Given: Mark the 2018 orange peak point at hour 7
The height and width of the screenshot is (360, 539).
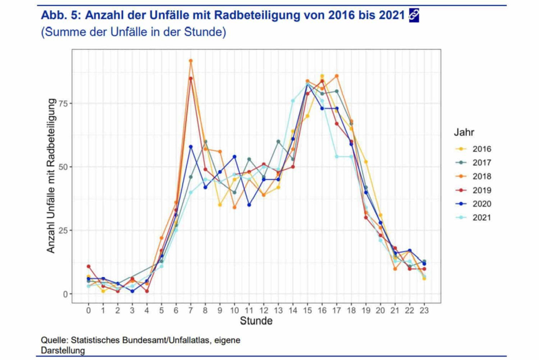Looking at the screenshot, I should (x=191, y=61).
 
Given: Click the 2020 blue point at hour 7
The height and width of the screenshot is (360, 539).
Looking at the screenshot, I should (x=191, y=147).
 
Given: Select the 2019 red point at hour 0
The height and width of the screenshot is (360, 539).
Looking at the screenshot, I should (x=89, y=266).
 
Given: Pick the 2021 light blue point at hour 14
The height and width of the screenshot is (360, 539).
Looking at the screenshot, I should (x=293, y=101).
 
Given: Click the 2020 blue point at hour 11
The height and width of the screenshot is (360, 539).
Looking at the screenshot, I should (x=249, y=205).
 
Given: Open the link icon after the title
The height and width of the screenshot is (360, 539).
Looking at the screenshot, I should (x=413, y=16).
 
